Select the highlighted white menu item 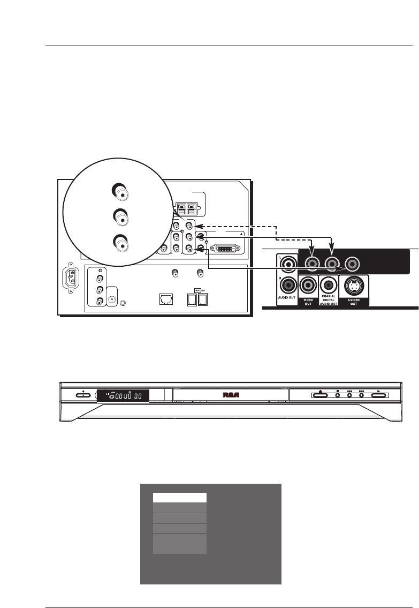[x=179, y=498]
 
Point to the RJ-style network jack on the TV [x=164, y=299]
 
